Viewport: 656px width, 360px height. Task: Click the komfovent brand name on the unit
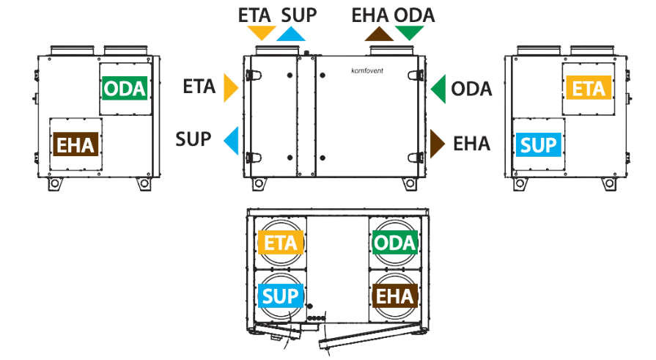click(367, 70)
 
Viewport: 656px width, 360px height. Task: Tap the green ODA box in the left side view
click(125, 88)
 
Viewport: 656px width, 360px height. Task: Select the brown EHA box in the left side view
click(75, 144)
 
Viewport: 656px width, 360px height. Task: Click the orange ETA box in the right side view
click(589, 87)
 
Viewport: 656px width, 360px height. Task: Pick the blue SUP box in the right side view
click(539, 145)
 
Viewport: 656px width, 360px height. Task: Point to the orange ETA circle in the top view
click(280, 243)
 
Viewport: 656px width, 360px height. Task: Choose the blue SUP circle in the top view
click(280, 296)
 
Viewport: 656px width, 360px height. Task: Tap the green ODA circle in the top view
click(395, 243)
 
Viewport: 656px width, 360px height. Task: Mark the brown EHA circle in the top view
click(395, 296)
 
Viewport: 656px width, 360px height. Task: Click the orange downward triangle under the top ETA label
click(262, 32)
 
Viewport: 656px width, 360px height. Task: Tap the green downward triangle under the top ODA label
click(409, 32)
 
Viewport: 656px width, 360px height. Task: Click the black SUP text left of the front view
click(194, 139)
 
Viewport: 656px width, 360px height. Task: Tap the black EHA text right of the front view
click(471, 144)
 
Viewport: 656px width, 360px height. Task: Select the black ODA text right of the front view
click(471, 89)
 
